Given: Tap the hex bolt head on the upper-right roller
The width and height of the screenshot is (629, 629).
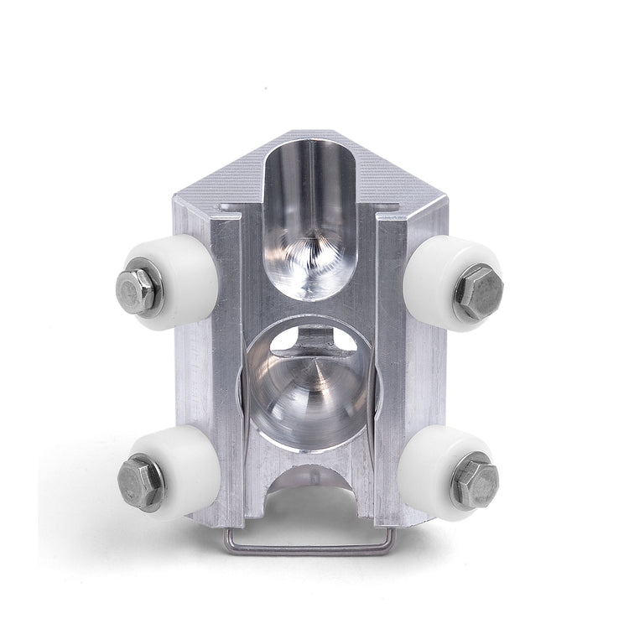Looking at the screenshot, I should click(479, 290).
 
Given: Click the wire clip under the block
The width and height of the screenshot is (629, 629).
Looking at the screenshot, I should click(306, 549).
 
